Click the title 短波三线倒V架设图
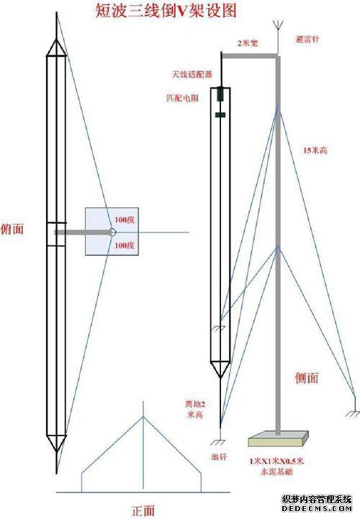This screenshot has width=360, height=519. coord(166,11)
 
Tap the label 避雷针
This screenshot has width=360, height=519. coord(307,39)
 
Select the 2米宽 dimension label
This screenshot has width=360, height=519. coord(248,43)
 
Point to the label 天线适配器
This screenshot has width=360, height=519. coord(192,74)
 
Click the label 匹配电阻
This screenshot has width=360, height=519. coord(182,98)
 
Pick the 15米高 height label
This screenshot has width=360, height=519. coord(315,150)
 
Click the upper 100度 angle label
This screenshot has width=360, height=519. coord(125,220)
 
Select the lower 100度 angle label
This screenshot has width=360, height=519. coord(125,245)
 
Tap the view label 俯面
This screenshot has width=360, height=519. coord(12,229)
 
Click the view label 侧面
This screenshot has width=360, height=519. coord(307,378)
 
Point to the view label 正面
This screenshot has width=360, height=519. coord(143,510)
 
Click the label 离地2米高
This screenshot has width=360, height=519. coord(195,409)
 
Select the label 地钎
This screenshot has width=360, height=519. coord(219,457)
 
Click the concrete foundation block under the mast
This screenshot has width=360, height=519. coord(278,438)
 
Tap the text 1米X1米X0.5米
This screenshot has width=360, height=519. coord(276,461)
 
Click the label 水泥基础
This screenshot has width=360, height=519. coord(276,471)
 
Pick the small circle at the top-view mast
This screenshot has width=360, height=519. coord(112,232)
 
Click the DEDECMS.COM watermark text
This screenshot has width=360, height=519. coord(317,508)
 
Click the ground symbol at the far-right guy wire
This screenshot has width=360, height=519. coord(353,413)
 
